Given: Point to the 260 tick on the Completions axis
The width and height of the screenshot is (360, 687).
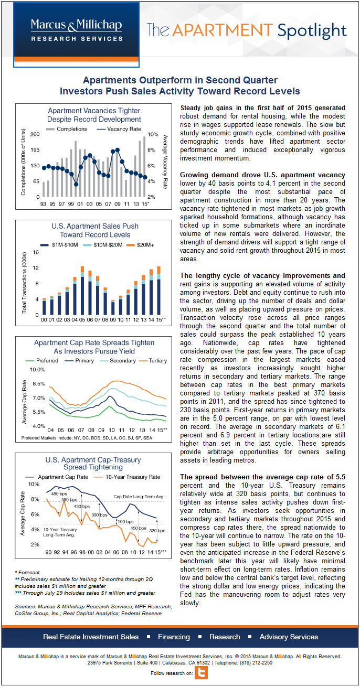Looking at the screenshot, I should pos(34,134).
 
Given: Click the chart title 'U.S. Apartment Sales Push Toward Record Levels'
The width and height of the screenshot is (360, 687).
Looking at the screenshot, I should pos(95,230).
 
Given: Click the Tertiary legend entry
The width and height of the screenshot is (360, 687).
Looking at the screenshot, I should pos(153,361).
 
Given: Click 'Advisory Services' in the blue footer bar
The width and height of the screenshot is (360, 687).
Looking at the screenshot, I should pos(289,637).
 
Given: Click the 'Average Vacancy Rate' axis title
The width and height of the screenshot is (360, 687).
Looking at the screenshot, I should pos(165,162).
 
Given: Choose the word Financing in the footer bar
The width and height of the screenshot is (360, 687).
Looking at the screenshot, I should pos(174,637).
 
